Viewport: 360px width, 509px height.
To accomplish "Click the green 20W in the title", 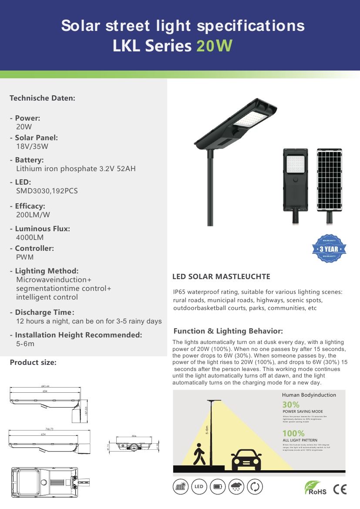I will (x=214, y=46).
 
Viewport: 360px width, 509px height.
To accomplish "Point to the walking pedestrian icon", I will (x=199, y=455).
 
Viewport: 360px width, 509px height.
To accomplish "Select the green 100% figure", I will (x=293, y=434).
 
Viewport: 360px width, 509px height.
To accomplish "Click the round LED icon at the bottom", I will (x=199, y=487).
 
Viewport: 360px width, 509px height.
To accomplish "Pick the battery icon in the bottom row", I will (x=218, y=487).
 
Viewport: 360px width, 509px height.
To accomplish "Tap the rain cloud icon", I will (x=236, y=487).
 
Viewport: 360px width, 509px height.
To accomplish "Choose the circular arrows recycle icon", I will (x=255, y=487).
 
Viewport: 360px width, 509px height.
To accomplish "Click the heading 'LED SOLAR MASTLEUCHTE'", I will (x=221, y=276).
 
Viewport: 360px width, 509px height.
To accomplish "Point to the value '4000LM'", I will (x=30, y=238).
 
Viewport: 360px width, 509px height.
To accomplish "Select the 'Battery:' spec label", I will (x=29, y=160).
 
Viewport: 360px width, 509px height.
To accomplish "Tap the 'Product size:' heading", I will (x=33, y=362).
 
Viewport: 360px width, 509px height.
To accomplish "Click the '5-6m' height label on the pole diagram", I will (x=208, y=431).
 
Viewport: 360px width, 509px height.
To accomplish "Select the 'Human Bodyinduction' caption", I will (x=309, y=395).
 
